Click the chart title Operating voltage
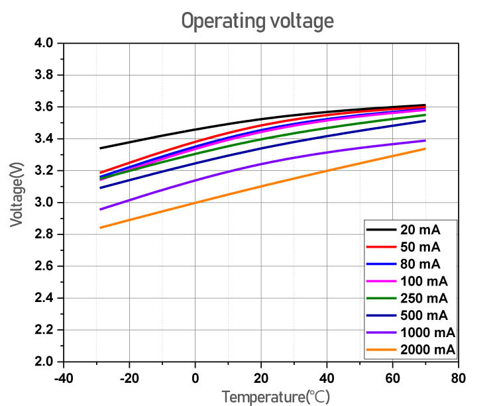(x=258, y=21)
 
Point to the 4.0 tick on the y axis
(x=44, y=44)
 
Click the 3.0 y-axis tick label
(x=44, y=203)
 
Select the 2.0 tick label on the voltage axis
(x=44, y=362)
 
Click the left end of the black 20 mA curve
(x=100, y=148)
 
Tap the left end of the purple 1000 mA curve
(x=100, y=209)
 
